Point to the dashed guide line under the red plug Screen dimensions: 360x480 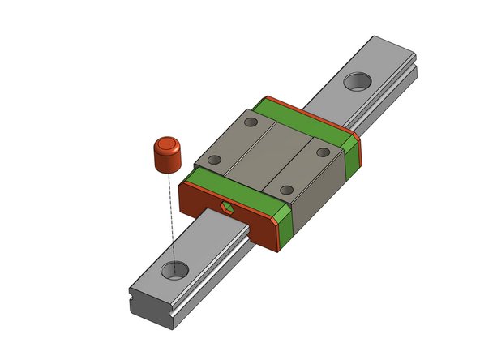tap(170, 219)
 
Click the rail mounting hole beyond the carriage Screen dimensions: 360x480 tap(355, 81)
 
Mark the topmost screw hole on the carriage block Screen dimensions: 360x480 tap(251, 122)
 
